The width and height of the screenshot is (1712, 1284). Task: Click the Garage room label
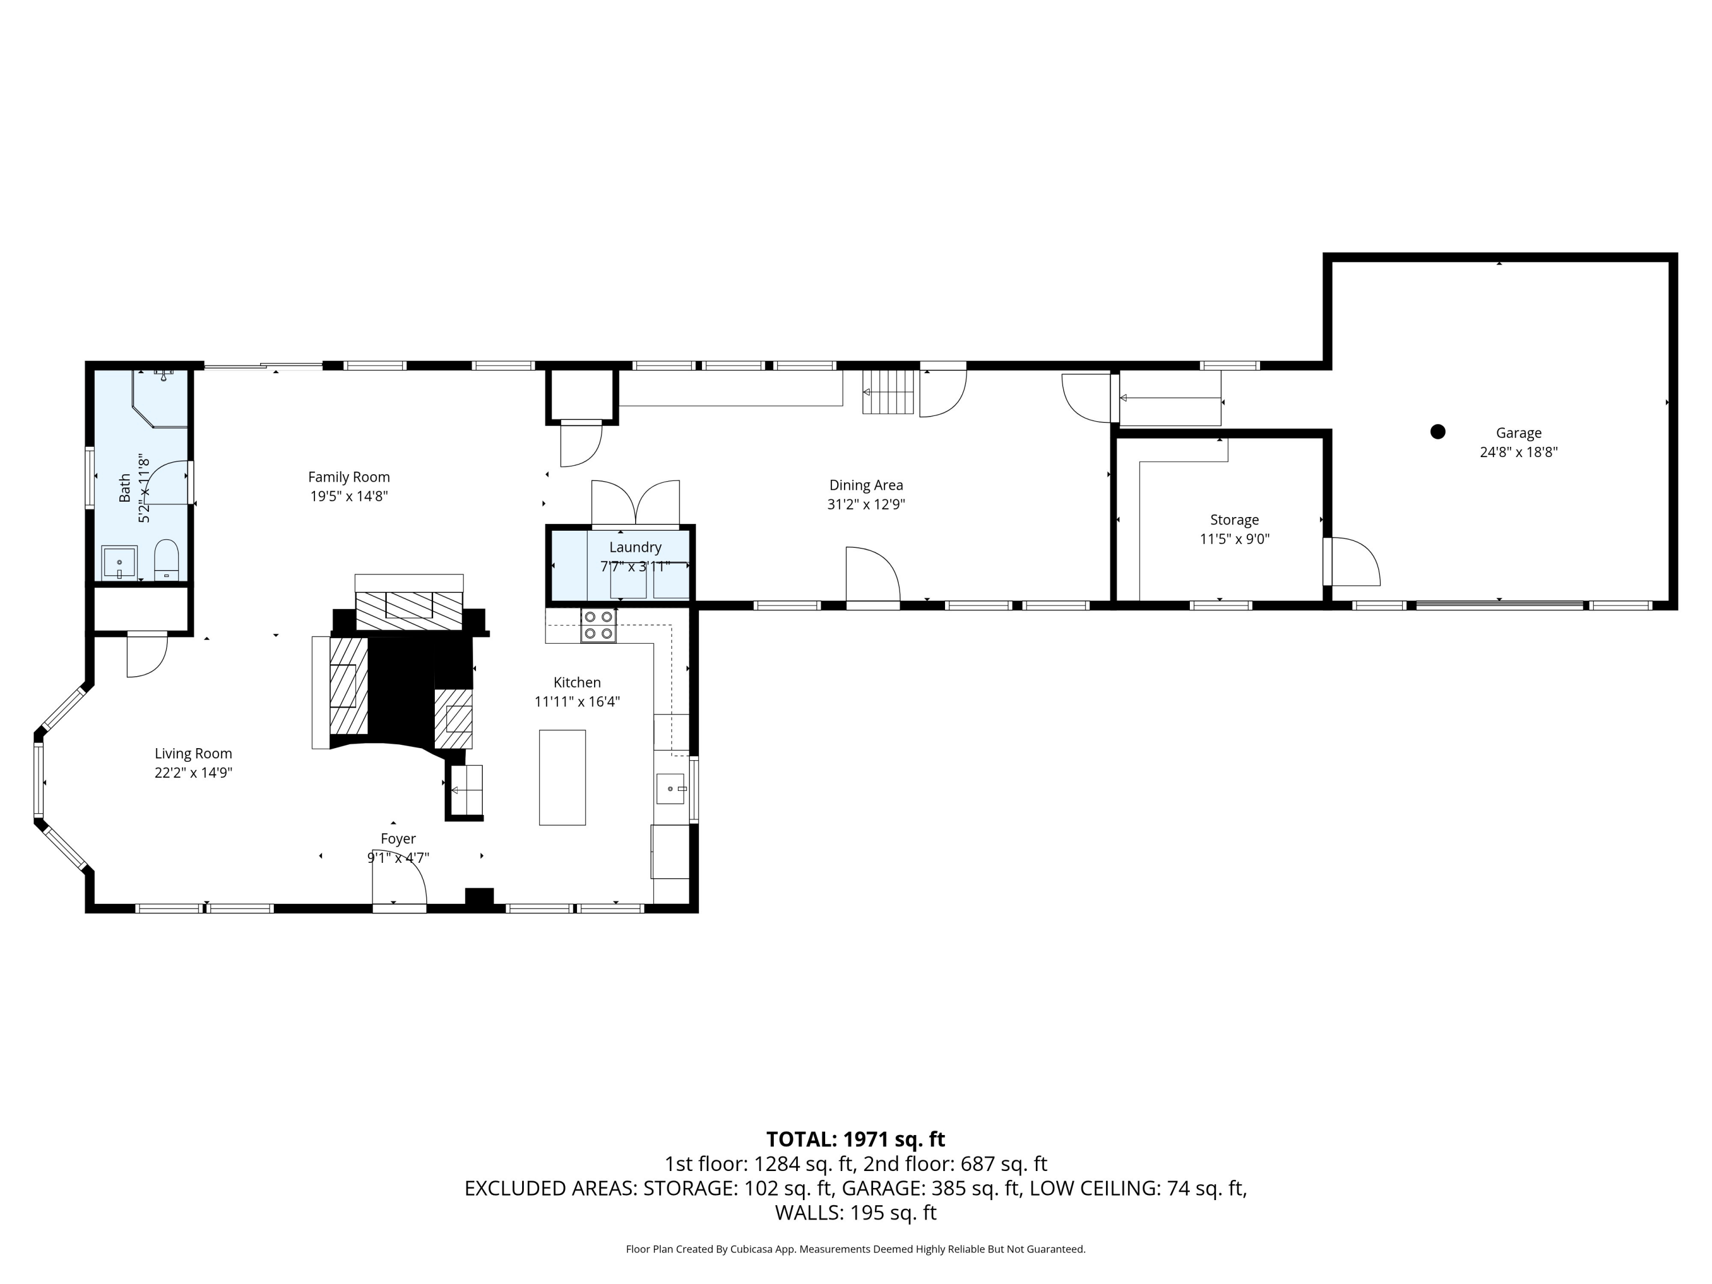click(x=1518, y=433)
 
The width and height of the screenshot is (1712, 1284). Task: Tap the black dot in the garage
click(x=1438, y=432)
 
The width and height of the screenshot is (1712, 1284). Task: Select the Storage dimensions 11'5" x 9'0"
click(x=1234, y=539)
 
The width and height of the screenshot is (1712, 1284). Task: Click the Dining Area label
click(x=865, y=485)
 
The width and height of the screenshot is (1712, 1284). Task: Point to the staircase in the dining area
click(x=889, y=391)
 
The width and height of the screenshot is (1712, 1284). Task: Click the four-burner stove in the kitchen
click(x=598, y=626)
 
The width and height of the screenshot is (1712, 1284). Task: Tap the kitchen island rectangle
click(x=562, y=777)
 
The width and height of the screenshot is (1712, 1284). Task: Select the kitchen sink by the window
click(x=671, y=789)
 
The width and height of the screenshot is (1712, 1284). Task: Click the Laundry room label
click(x=635, y=547)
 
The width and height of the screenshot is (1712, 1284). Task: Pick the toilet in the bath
click(x=167, y=560)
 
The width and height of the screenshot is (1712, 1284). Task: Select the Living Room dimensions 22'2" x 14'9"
click(x=193, y=773)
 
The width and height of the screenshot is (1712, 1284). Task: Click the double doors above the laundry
click(x=635, y=503)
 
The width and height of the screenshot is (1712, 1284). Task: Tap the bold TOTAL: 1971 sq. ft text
click(x=855, y=1139)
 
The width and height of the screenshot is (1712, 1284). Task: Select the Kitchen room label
click(x=576, y=683)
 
